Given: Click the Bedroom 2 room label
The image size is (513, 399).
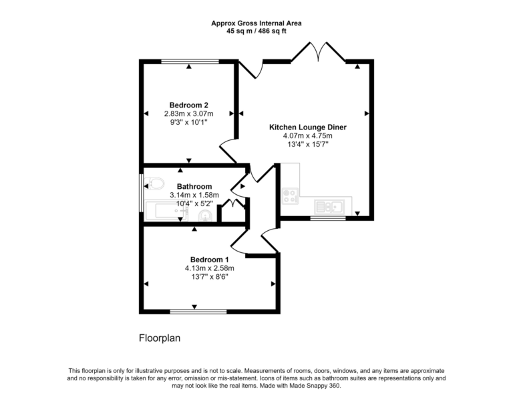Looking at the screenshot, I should pos(189,105).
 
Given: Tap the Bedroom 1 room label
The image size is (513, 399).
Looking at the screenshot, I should pos(210,260).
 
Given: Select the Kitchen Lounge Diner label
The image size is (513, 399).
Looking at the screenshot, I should pos(307,127).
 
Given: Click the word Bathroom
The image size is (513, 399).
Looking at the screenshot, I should pos(194,186).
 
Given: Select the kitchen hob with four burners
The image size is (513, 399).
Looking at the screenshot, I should pos(291,196).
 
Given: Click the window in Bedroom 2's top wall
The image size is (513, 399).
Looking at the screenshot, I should pos(190,61).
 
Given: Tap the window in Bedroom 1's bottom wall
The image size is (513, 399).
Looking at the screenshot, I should pos(194,311).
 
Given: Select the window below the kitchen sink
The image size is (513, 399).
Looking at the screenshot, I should pos(327,218).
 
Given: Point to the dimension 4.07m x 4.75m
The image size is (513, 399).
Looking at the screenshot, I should pos(307,135).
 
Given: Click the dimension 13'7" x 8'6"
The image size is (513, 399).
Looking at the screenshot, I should pos(209,277).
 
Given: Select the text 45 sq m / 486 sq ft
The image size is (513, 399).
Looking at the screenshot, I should pos(256,31).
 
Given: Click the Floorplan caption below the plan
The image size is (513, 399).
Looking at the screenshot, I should pos(160,338).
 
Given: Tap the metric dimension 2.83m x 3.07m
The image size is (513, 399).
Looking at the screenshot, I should pos(189,113).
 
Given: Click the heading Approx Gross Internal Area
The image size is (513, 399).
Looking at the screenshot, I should pos(256,23).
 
